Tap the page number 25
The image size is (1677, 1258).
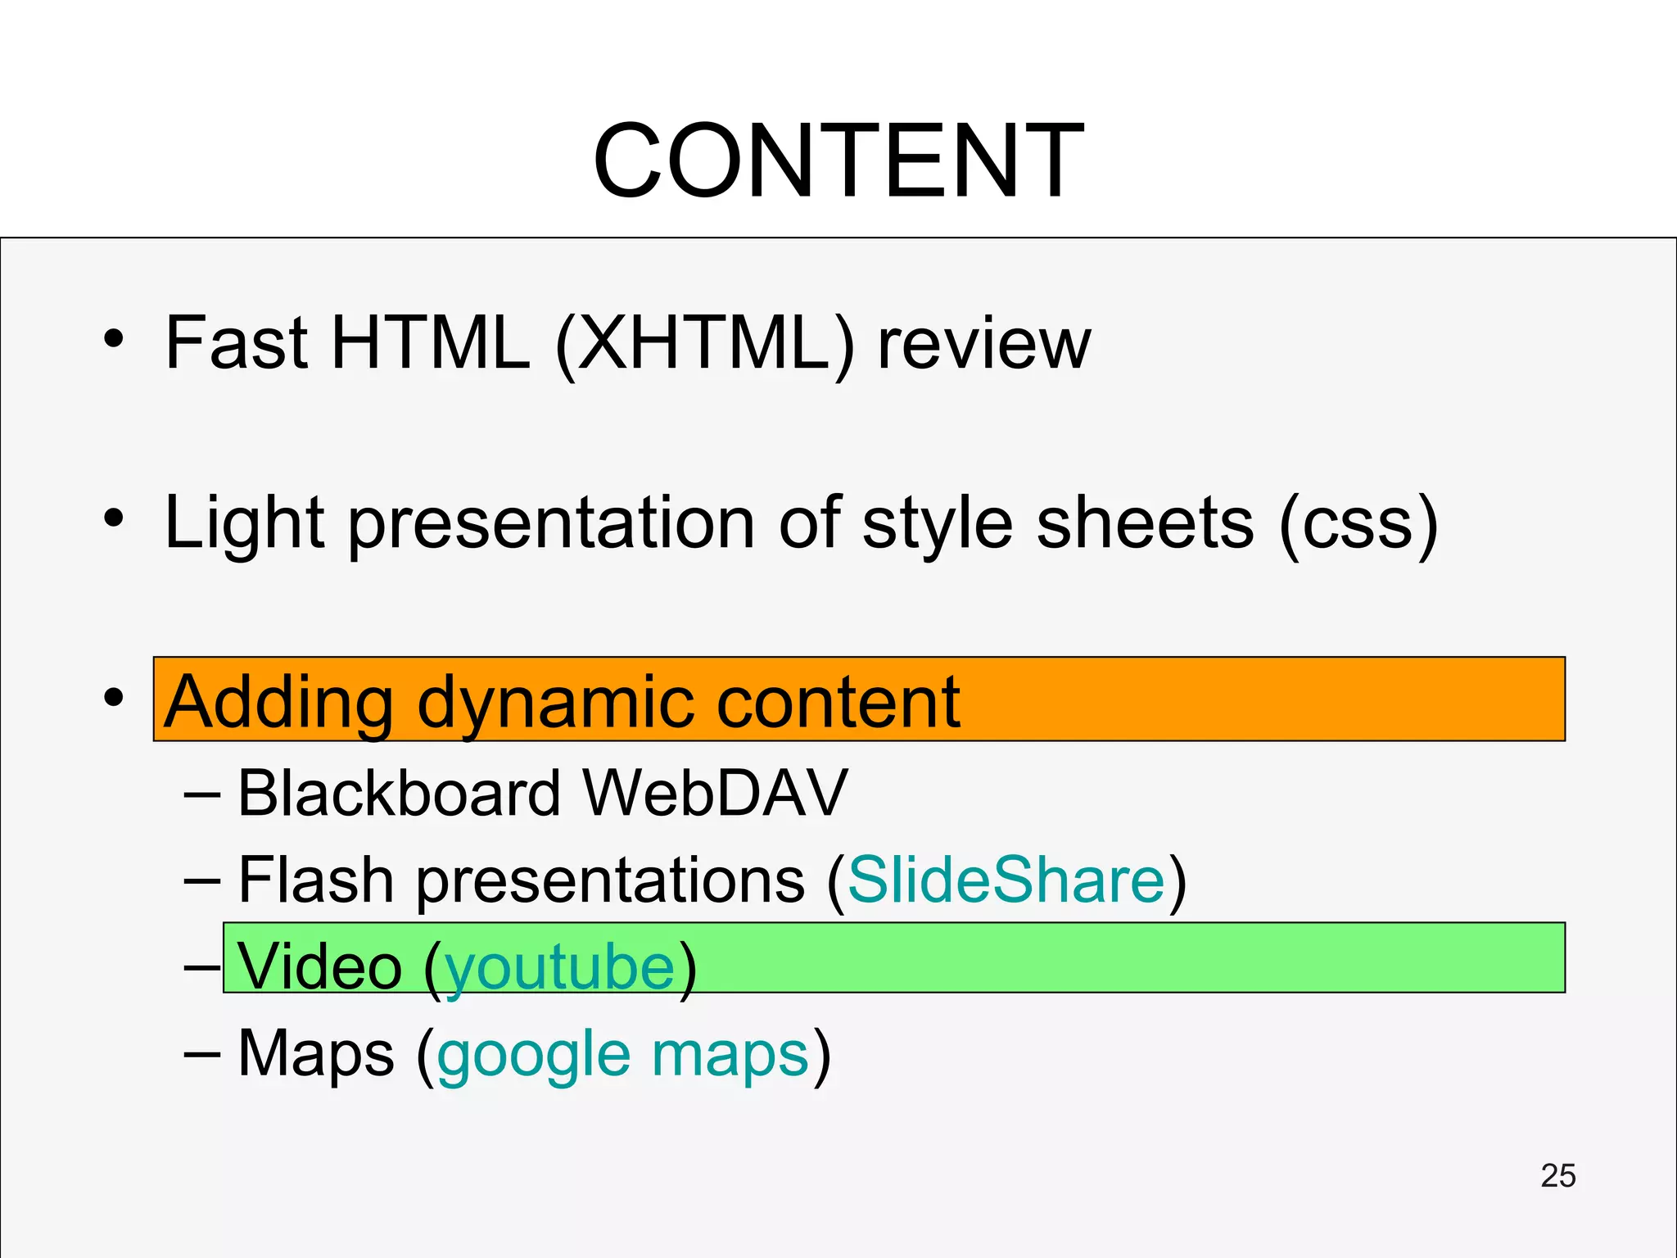(1557, 1176)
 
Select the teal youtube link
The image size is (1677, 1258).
(560, 967)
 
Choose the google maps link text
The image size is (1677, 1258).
(623, 1055)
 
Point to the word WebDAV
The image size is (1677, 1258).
(715, 793)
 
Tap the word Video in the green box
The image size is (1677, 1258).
(319, 967)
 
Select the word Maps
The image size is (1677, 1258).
(316, 1055)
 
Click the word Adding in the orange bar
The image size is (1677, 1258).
(278, 702)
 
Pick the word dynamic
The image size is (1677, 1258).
(557, 702)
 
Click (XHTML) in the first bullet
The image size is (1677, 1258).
(704, 344)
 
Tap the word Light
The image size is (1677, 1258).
(244, 524)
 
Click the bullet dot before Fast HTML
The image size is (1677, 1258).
(114, 339)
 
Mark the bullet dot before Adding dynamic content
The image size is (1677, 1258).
(114, 698)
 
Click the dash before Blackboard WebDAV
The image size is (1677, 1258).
(201, 793)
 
